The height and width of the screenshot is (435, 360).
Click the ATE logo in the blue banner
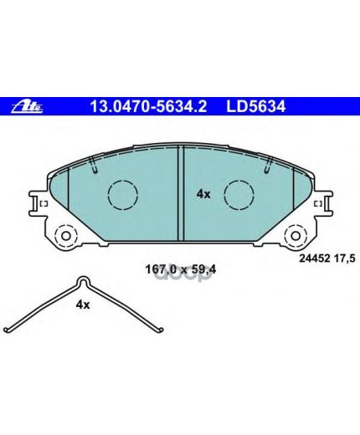(27, 106)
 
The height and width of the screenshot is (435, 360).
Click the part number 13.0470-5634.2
(148, 106)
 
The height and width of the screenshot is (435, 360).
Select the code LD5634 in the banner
(255, 106)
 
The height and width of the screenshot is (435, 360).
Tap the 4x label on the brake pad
(203, 194)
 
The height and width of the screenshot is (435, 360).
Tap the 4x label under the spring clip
(83, 305)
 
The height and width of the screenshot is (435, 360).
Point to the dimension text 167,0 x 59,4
(181, 269)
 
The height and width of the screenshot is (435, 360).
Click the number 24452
(315, 258)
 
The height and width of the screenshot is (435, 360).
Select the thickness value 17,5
(345, 258)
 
